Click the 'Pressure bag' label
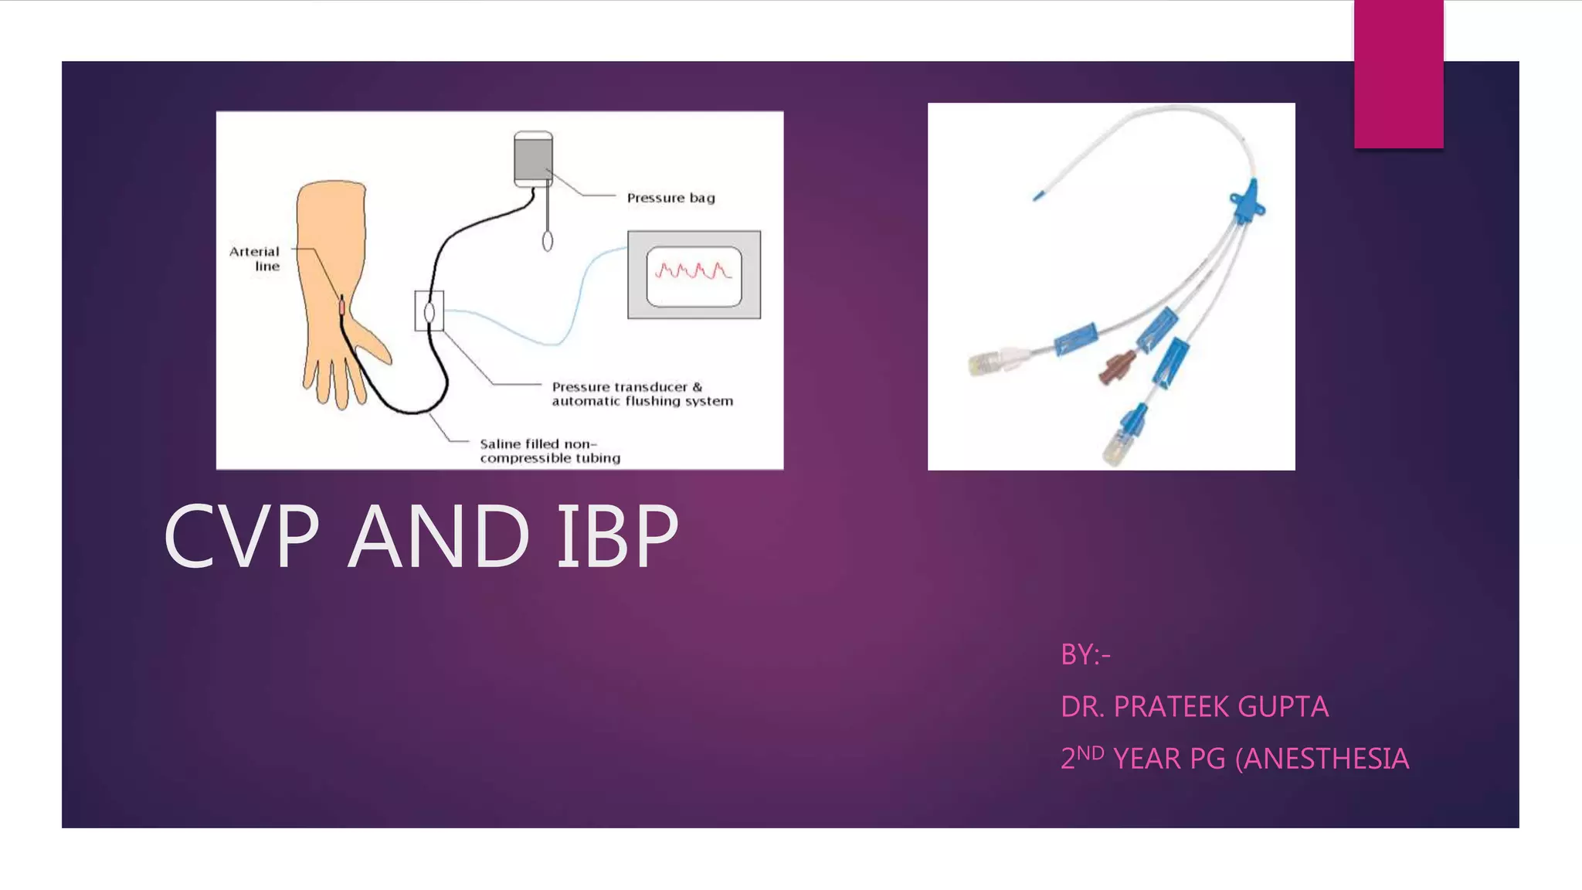(x=670, y=198)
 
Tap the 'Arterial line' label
(x=255, y=259)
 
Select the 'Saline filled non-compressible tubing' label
(x=549, y=450)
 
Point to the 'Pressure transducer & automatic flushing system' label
(x=642, y=393)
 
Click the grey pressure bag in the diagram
(x=533, y=158)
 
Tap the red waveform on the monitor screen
(x=693, y=270)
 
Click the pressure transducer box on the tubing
(x=429, y=311)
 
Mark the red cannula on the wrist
(x=341, y=307)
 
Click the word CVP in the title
(x=241, y=535)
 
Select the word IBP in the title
(x=618, y=535)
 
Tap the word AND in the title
(x=439, y=535)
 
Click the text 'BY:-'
(x=1085, y=655)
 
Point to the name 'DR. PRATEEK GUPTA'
(x=1194, y=707)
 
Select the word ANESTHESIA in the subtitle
(x=1326, y=759)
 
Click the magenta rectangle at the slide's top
(x=1398, y=74)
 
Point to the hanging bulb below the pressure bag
(x=548, y=241)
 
